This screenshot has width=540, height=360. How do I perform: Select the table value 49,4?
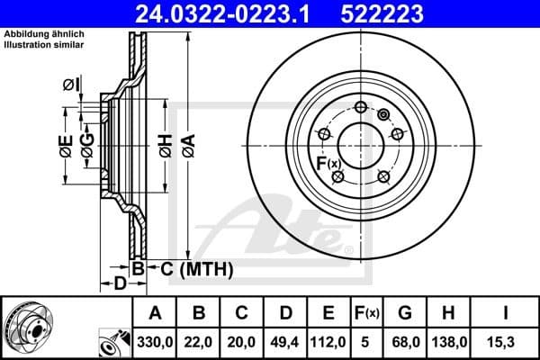285,341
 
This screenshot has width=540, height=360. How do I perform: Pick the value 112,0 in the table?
328,341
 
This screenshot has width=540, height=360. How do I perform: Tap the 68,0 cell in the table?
406,341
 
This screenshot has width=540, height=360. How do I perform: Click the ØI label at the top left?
72,85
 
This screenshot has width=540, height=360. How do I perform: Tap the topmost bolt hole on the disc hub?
361,108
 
